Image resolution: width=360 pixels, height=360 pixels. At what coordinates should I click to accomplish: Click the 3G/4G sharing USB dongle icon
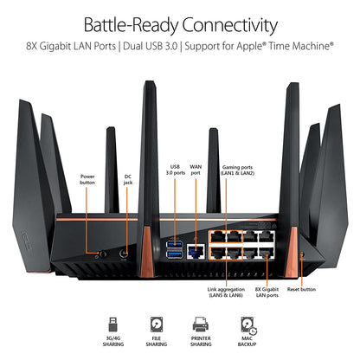coord(111,325)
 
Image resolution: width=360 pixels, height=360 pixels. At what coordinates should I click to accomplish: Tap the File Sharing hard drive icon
coord(157,325)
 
